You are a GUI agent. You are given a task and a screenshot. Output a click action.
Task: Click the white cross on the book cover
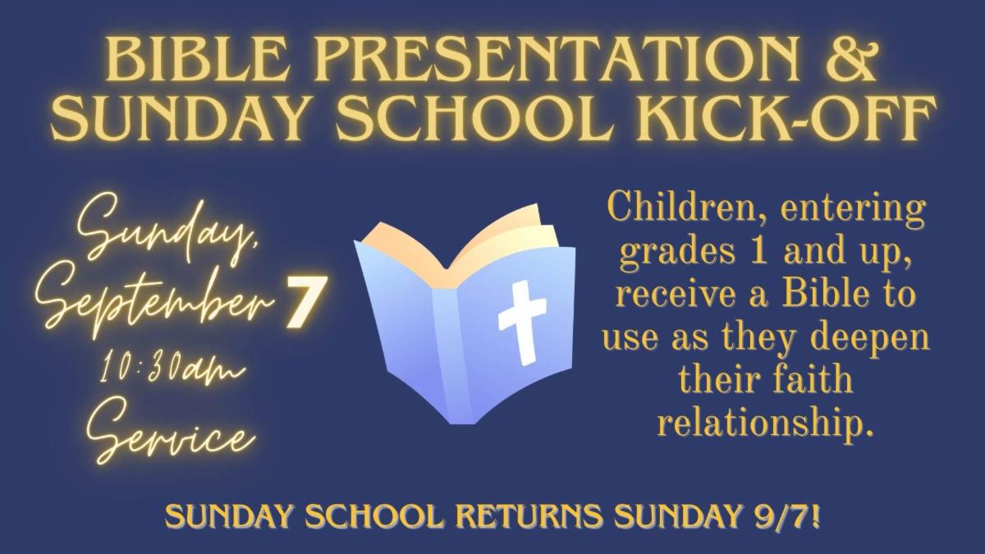pos(522,323)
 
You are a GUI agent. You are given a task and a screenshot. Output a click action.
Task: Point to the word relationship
pos(764,422)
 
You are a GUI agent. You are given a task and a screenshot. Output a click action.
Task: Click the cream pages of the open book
pos(506,240)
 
